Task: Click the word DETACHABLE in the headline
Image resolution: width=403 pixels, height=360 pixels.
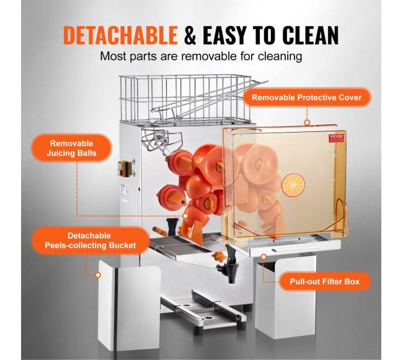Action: [120, 35]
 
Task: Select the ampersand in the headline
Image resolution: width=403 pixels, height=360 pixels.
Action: [190, 35]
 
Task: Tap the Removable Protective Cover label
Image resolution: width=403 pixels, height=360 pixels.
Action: [307, 97]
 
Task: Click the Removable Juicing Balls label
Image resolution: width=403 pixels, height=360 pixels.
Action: [71, 148]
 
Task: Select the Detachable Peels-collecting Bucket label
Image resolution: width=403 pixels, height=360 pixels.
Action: [91, 240]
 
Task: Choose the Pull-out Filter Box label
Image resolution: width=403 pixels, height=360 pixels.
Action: [325, 281]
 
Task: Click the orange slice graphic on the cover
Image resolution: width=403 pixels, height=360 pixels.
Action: [293, 185]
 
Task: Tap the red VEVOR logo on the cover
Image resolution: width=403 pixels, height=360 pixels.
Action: [336, 137]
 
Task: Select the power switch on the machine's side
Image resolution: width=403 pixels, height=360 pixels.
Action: [126, 169]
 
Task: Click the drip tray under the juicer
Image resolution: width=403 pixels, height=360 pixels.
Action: [203, 312]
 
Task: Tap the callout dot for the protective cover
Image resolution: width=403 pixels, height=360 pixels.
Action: [307, 123]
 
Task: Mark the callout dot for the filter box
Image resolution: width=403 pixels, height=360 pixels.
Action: [263, 257]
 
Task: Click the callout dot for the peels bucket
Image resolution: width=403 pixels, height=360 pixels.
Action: [98, 275]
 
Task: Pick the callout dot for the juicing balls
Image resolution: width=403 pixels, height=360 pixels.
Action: [185, 216]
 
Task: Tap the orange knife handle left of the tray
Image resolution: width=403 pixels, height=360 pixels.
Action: [159, 230]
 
